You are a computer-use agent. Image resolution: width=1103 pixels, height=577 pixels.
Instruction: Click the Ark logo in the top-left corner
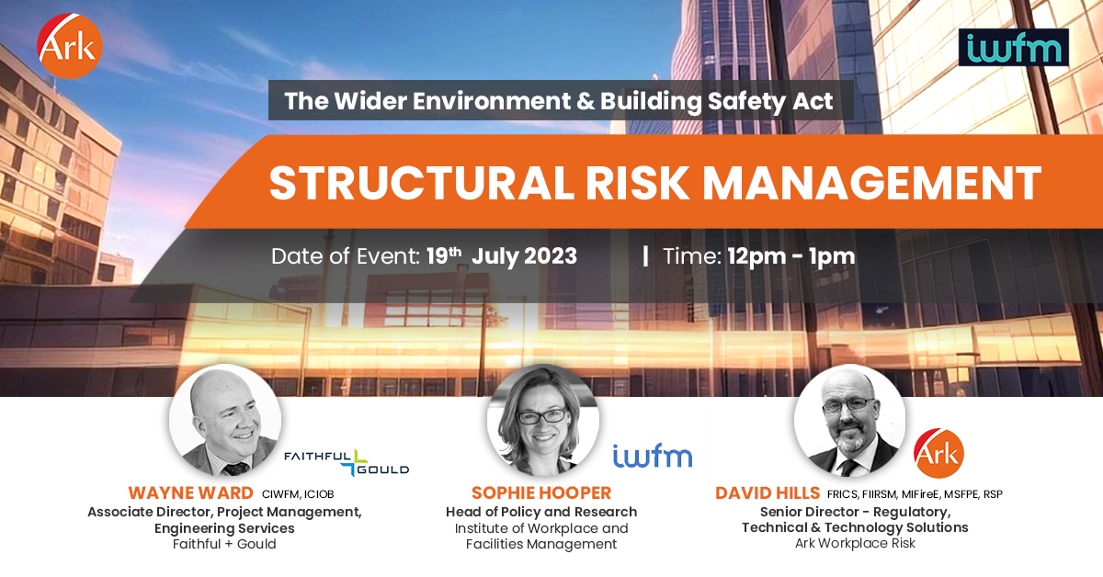70,46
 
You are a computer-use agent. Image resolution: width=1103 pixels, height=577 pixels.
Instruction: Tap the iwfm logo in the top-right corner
1014,47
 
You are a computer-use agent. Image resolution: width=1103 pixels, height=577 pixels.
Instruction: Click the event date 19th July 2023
502,256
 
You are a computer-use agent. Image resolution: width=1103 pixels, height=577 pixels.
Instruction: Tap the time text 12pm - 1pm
790,256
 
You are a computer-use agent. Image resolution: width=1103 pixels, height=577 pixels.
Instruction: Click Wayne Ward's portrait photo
225,419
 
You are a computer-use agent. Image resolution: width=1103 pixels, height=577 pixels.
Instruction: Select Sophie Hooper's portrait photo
542,421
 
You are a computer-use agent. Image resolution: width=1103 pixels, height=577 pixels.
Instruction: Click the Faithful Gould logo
346,461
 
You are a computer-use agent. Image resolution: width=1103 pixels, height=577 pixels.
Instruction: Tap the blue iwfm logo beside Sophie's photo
652,455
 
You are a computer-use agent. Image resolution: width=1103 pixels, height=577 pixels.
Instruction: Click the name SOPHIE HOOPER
540,493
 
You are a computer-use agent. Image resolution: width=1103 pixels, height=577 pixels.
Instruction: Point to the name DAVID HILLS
768,493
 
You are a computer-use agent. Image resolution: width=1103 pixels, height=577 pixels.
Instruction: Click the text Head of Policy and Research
540,512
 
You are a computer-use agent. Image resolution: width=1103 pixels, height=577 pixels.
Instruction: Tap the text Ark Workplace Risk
854,543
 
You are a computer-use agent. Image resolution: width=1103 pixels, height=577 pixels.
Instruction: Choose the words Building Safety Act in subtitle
717,101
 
